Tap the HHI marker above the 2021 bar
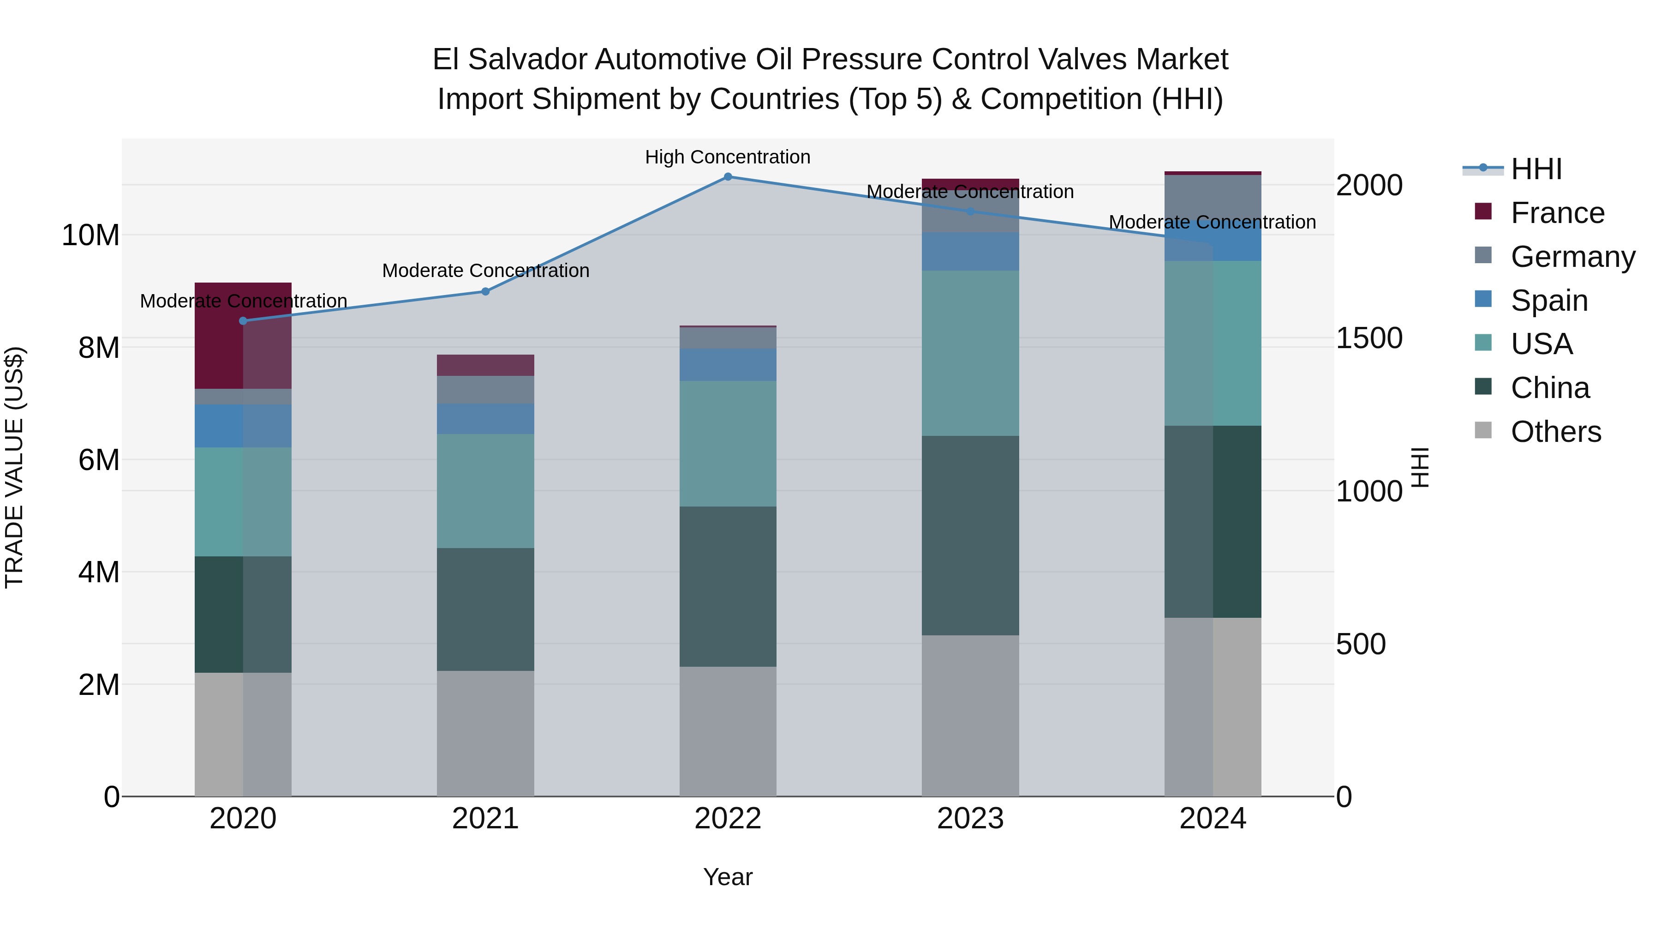pyautogui.click(x=485, y=292)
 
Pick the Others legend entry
pyautogui.click(x=1555, y=432)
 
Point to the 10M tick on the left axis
pyautogui.click(x=90, y=235)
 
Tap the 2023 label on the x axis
pyautogui.click(x=970, y=819)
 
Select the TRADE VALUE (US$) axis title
pyautogui.click(x=14, y=467)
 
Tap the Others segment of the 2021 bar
pyautogui.click(x=485, y=733)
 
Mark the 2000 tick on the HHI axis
pyautogui.click(x=1368, y=185)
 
